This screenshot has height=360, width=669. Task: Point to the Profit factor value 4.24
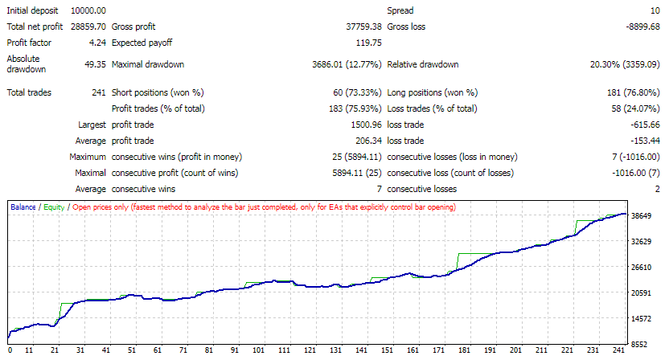[98, 43]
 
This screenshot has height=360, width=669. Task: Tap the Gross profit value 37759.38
[359, 27]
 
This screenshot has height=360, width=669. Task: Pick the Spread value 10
[655, 10]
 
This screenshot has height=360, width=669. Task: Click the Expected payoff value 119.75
[367, 43]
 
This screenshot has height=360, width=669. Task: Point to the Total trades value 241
[100, 92]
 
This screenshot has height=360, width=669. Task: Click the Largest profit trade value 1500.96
[363, 125]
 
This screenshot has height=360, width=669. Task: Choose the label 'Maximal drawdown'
[149, 64]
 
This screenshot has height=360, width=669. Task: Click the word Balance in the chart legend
[23, 207]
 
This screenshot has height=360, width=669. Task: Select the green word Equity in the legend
[53, 207]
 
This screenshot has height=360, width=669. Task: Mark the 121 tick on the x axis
[309, 351]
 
